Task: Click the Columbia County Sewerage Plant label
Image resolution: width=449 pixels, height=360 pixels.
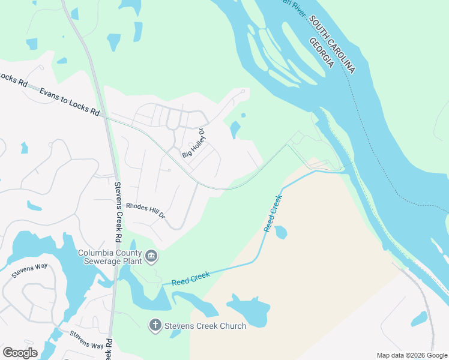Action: pos(110,256)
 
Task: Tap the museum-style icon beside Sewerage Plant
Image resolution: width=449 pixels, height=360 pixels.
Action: pos(151,257)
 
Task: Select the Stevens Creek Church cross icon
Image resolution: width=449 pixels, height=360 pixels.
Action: pos(155,326)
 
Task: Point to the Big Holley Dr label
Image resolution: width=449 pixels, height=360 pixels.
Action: pos(194,144)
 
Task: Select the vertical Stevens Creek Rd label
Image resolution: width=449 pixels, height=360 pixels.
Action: pos(118,207)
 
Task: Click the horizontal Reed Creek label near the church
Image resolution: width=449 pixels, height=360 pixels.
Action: pos(190,278)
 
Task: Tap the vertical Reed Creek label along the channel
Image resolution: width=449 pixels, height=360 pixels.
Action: pos(273,213)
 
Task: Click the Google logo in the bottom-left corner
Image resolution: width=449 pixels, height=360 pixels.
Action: pos(20,352)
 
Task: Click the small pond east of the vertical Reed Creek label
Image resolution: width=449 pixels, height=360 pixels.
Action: pos(280,232)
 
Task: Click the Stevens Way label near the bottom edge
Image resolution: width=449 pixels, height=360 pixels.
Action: pos(86,340)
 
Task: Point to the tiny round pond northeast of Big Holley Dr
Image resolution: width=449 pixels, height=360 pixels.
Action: pos(243,115)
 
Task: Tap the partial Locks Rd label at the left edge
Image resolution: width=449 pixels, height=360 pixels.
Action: pos(14,79)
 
